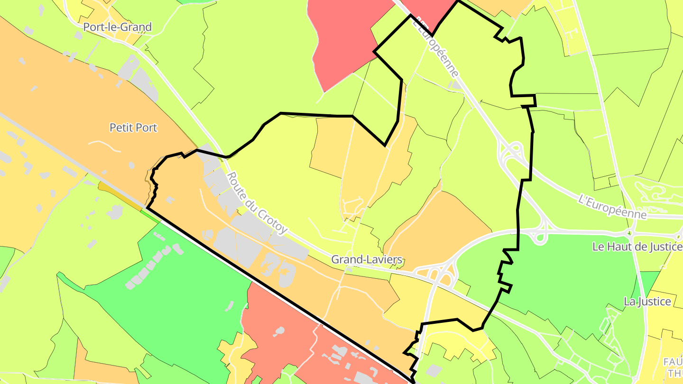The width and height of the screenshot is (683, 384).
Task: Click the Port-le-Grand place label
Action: tap(117, 27)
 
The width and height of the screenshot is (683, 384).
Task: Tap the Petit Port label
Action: tap(133, 128)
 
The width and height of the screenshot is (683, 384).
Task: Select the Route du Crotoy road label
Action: tap(257, 202)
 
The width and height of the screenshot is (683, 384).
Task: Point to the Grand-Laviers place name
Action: tap(367, 259)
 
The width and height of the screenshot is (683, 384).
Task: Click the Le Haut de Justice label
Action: tap(637, 247)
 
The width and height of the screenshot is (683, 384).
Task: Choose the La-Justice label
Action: tap(647, 302)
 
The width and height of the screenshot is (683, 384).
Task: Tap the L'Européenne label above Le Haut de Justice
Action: tap(612, 207)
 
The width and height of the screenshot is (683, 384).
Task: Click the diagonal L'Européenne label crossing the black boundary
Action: tap(435, 46)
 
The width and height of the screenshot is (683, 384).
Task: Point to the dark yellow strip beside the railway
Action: tap(119, 194)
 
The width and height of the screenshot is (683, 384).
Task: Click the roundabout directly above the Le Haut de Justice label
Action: tap(629, 233)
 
